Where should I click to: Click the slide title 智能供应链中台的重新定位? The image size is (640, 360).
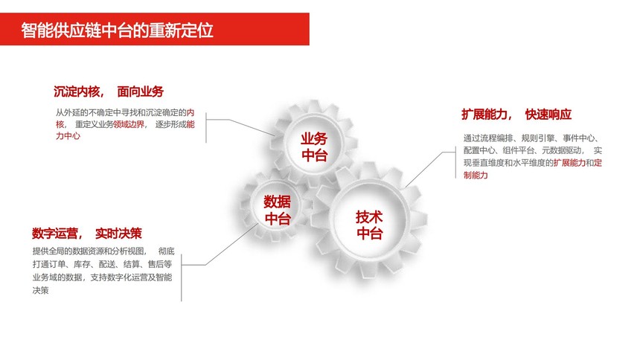tap(117, 30)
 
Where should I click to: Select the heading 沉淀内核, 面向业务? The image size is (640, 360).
tap(109, 91)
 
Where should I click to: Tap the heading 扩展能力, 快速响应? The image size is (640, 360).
tap(516, 115)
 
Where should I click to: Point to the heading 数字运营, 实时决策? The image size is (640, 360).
tap(87, 234)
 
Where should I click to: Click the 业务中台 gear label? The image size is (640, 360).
tap(314, 147)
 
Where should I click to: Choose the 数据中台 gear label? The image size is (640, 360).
tap(277, 210)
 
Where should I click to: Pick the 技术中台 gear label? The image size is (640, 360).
tap(369, 225)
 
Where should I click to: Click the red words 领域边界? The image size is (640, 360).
tap(129, 124)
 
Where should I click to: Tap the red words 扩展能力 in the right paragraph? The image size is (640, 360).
tap(569, 163)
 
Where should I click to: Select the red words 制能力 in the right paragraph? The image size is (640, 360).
tap(476, 175)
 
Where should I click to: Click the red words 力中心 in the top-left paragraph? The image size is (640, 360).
tap(68, 136)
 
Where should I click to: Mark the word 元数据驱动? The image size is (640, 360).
tap(561, 150)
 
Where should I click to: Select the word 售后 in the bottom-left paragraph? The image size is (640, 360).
tap(156, 264)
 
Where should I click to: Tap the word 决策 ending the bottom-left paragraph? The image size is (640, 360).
tap(40, 290)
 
